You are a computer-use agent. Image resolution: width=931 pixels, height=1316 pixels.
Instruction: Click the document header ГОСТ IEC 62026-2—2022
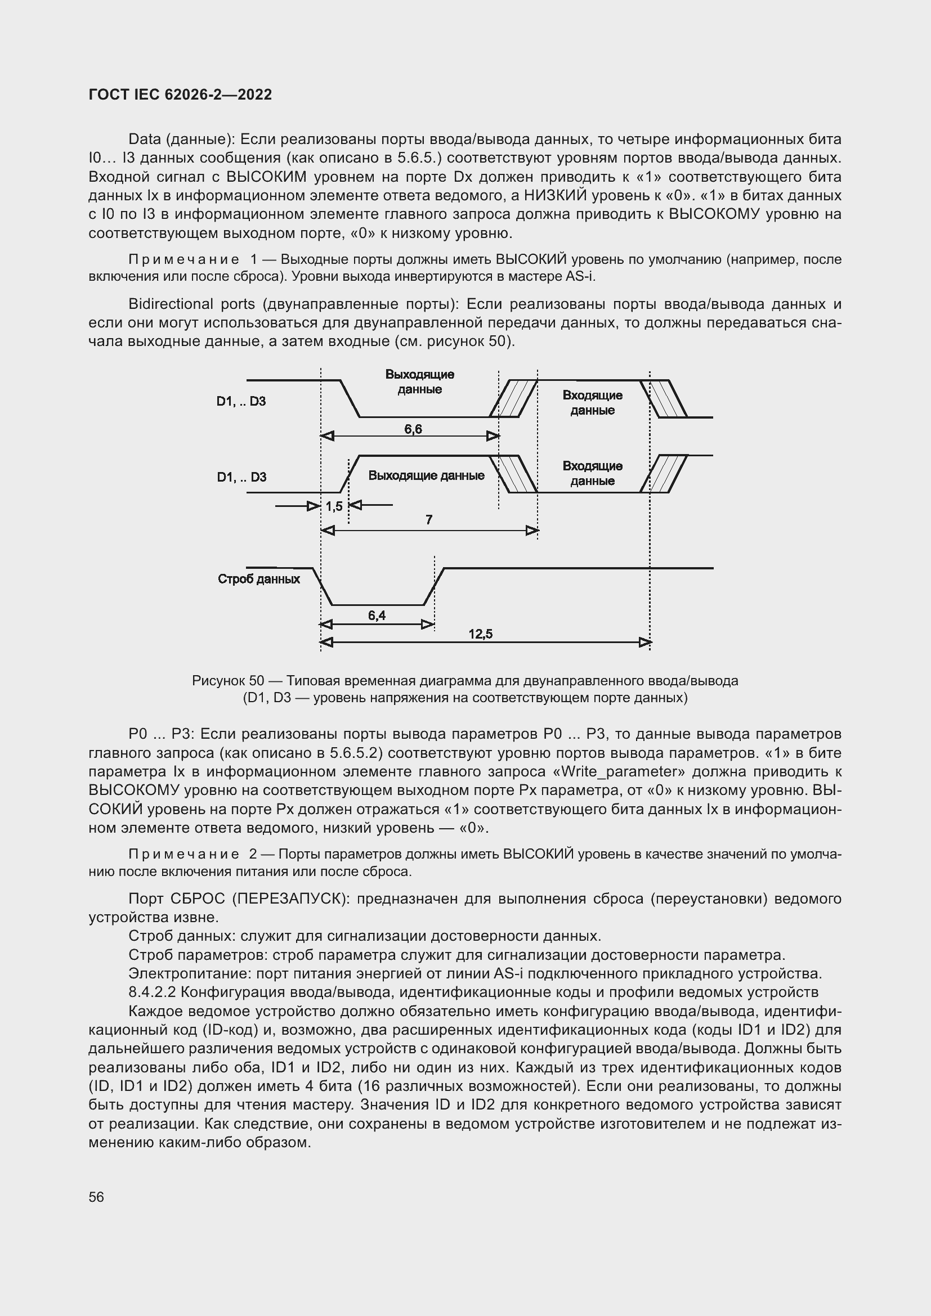coord(180,95)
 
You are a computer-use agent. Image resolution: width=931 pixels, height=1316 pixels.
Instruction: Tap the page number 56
coord(96,1197)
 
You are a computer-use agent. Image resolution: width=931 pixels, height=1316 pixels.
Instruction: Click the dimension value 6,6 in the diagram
coord(413,429)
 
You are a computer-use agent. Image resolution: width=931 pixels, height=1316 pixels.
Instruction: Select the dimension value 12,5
coord(480,634)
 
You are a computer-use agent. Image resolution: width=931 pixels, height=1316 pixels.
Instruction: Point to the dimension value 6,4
coord(377,616)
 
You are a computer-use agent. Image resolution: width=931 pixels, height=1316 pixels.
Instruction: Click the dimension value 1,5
coord(334,506)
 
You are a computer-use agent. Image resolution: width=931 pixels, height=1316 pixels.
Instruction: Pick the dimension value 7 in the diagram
coord(429,520)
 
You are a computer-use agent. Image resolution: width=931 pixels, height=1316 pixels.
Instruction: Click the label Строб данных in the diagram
coord(258,579)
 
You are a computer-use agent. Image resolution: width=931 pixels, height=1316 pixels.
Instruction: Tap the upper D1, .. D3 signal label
coord(241,401)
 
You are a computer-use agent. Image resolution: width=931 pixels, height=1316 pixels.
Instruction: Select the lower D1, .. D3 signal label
coord(241,477)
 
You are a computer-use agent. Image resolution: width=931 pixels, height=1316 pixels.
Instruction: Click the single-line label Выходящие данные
coord(426,475)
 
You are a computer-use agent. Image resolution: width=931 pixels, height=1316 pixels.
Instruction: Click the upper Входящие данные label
coord(592,402)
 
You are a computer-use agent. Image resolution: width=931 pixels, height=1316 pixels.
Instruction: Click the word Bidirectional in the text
coord(166,304)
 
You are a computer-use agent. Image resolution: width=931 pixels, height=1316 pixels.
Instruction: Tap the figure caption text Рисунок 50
coord(228,681)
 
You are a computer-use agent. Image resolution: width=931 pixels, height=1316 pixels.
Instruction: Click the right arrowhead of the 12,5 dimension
coord(646,643)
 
